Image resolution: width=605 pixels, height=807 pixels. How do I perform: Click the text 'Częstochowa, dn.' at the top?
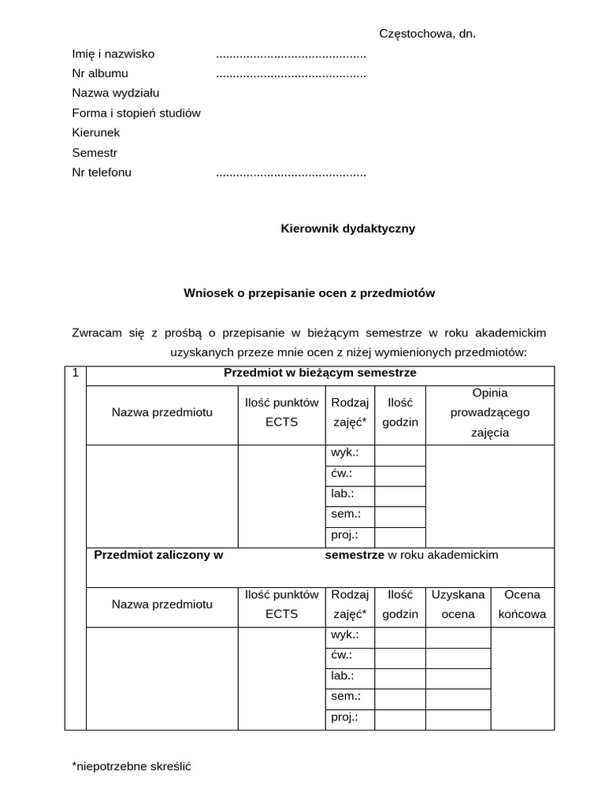click(x=427, y=34)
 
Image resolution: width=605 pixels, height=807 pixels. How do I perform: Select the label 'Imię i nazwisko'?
click(x=113, y=54)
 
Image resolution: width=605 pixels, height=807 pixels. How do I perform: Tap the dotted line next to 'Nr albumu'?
click(x=291, y=74)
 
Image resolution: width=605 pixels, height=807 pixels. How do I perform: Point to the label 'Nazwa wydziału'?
click(x=115, y=93)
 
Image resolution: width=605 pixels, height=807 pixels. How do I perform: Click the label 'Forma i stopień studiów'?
click(x=135, y=113)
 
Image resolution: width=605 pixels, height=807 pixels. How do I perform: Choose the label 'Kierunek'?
click(x=95, y=132)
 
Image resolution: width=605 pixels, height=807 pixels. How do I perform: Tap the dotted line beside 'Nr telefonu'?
click(x=291, y=173)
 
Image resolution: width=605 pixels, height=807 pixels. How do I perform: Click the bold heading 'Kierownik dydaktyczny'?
click(x=347, y=229)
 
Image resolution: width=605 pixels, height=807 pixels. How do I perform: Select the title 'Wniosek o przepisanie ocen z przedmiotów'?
click(x=309, y=292)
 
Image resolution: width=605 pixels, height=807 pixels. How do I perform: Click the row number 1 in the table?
click(x=76, y=373)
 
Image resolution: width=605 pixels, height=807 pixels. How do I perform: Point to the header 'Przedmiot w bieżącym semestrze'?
click(x=320, y=373)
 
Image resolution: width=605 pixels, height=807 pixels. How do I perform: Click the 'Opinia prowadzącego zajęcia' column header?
click(x=489, y=412)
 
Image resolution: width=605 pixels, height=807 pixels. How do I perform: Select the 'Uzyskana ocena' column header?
click(x=458, y=604)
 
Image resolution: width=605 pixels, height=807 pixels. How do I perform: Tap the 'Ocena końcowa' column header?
click(x=522, y=604)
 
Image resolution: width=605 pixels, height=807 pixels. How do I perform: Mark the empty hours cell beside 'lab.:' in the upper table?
click(x=399, y=496)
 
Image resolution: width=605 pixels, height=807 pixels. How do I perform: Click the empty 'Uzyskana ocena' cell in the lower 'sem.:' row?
click(x=458, y=697)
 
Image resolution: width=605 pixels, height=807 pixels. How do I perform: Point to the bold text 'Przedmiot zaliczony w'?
click(x=158, y=555)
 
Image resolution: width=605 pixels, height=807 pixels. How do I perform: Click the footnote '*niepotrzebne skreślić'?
click(x=131, y=765)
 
